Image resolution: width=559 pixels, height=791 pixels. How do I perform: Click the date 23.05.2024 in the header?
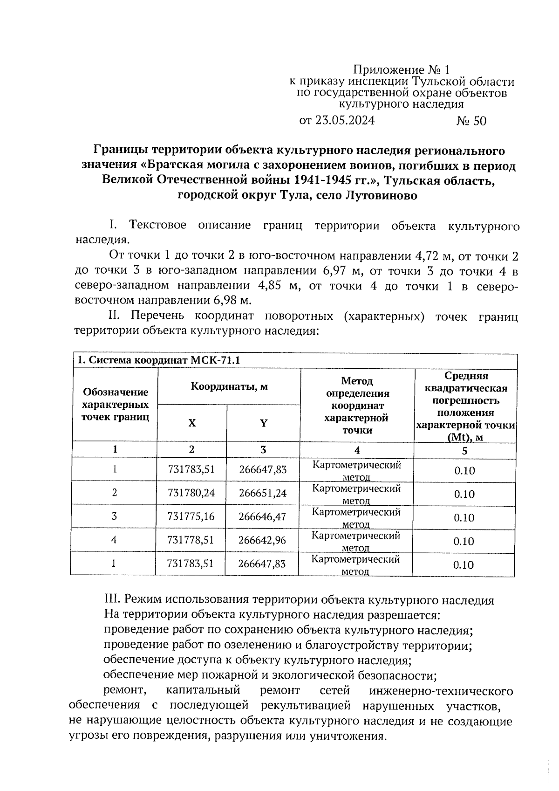click(x=344, y=121)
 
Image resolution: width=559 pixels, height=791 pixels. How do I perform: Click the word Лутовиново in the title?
click(x=381, y=196)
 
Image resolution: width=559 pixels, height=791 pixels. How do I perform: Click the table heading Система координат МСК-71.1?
click(x=161, y=360)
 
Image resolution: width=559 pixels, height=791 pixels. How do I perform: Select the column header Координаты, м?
click(x=229, y=386)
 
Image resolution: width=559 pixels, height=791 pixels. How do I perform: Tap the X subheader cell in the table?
click(x=192, y=423)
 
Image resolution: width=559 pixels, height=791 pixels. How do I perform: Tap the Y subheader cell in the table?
click(x=263, y=423)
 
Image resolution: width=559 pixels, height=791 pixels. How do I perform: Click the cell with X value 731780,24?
click(x=191, y=493)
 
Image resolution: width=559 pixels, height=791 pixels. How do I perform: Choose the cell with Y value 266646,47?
click(x=262, y=516)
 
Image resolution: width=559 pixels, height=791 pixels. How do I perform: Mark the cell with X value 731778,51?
click(x=191, y=540)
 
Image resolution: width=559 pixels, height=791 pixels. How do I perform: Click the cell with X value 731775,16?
click(x=191, y=516)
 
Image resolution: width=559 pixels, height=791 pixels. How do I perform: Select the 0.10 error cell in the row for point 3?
click(x=464, y=518)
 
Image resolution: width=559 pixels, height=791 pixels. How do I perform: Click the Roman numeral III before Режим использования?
click(x=113, y=600)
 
